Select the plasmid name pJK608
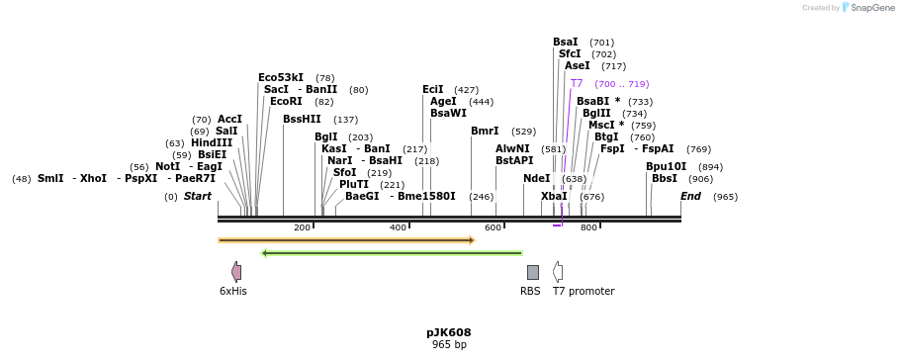pyautogui.click(x=449, y=332)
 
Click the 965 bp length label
pyautogui.click(x=449, y=344)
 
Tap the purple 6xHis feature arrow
pyautogui.click(x=236, y=271)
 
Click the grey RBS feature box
pyautogui.click(x=533, y=272)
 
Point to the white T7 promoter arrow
pyautogui.click(x=558, y=272)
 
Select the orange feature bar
pyautogui.click(x=346, y=240)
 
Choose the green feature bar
pyautogui.click(x=392, y=253)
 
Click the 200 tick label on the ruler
pyautogui.click(x=302, y=227)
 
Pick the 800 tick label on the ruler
pyautogui.click(x=588, y=227)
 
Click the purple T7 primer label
pyautogui.click(x=577, y=84)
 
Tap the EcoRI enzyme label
pyautogui.click(x=286, y=102)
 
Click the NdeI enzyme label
pyautogui.click(x=537, y=179)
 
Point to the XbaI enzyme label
pyautogui.click(x=554, y=197)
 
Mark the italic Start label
pyautogui.click(x=198, y=197)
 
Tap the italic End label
pyautogui.click(x=690, y=197)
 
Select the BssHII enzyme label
pyautogui.click(x=302, y=120)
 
